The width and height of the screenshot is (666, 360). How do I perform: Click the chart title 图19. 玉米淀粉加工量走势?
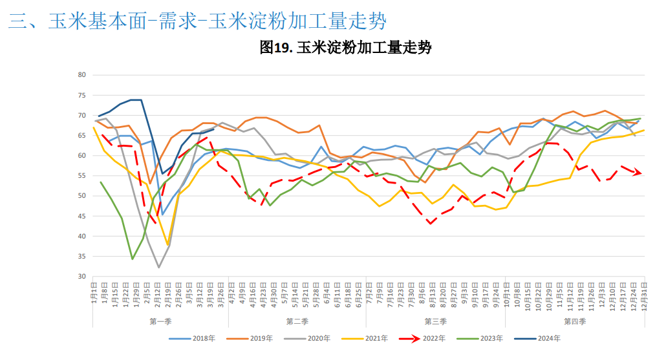(x=345, y=47)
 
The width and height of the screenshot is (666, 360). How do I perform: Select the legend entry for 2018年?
(x=193, y=338)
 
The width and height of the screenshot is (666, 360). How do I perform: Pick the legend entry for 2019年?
(x=255, y=338)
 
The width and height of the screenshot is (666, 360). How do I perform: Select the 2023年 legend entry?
(x=488, y=338)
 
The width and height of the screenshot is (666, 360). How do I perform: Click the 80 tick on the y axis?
(x=81, y=75)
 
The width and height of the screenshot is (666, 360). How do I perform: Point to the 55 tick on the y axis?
(x=81, y=176)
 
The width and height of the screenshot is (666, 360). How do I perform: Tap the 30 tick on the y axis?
(x=81, y=277)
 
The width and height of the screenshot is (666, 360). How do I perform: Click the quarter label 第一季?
(x=160, y=321)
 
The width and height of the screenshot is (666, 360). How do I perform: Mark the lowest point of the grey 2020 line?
(x=158, y=267)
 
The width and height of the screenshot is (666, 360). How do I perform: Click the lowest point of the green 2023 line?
(x=133, y=259)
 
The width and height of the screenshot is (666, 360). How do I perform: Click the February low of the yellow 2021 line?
(x=167, y=245)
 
